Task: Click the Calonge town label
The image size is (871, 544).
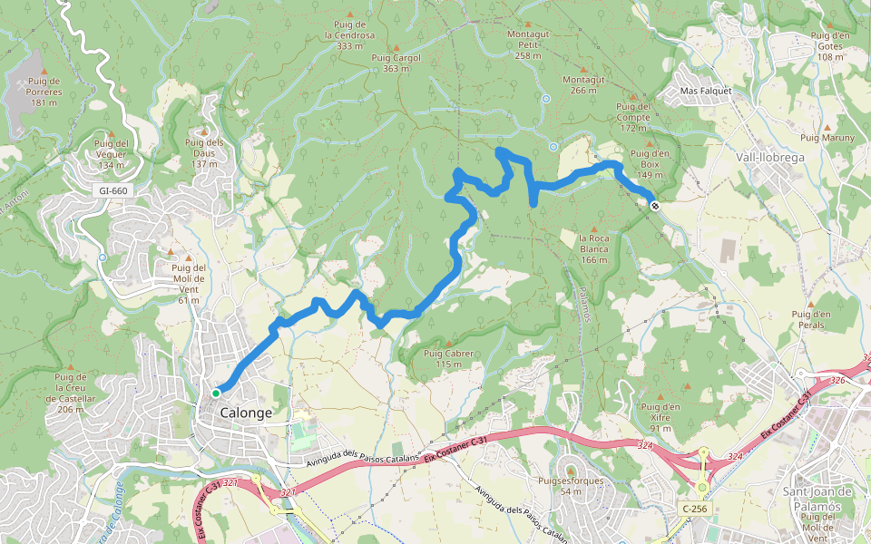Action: [x=246, y=413]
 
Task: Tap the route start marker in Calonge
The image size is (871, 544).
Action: [x=216, y=393]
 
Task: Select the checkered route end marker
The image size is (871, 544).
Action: [x=655, y=206]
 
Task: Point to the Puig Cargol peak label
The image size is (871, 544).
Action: [x=396, y=58]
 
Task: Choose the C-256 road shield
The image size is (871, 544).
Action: [x=694, y=509]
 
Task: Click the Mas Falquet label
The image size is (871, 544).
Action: [x=705, y=92]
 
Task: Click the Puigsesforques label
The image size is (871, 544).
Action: [x=571, y=481]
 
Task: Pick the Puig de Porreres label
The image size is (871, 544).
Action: [x=44, y=92]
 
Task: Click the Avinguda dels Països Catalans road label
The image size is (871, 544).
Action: [x=362, y=461]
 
